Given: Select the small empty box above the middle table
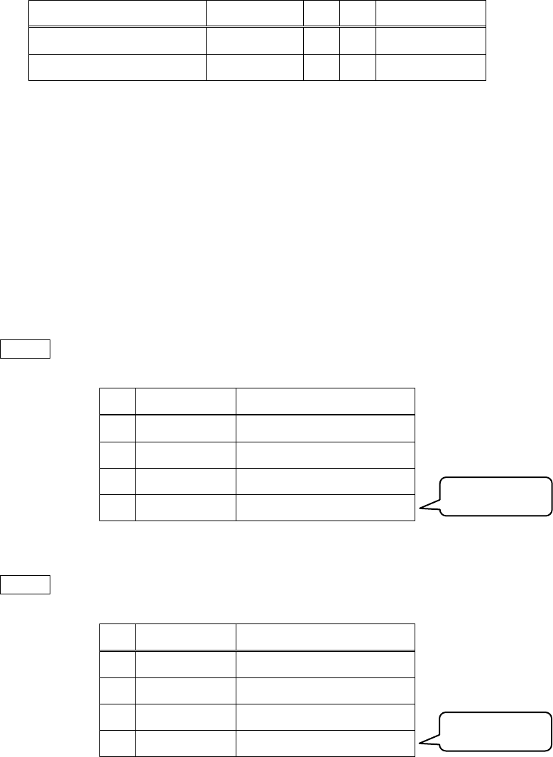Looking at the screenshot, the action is click(26, 349).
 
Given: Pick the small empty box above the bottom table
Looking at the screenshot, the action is click(26, 584).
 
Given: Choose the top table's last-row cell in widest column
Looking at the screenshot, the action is click(117, 67).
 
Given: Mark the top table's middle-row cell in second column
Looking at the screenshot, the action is click(255, 40).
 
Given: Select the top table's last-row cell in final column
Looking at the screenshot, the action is click(431, 67).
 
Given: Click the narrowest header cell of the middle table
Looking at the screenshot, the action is click(117, 401).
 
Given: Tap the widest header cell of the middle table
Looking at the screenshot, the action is click(325, 401).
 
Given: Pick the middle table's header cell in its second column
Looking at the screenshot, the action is click(185, 401).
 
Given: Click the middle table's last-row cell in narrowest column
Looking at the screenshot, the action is click(117, 507).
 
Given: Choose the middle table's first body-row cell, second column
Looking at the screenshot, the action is click(185, 427).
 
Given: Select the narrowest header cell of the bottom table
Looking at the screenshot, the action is click(117, 636).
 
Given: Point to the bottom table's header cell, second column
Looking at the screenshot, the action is click(185, 636).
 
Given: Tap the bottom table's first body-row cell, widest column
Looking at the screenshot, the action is click(325, 663).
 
